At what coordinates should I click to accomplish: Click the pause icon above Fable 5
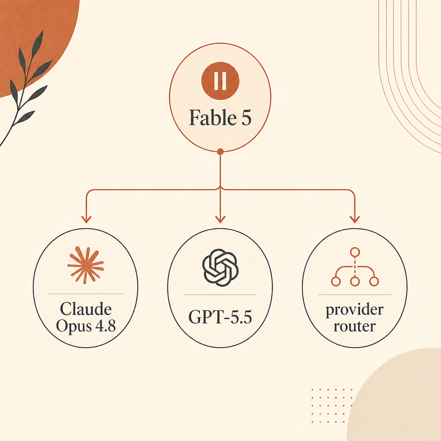(x=220, y=81)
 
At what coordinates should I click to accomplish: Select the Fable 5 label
(x=220, y=118)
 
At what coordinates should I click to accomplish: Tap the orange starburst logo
(x=86, y=265)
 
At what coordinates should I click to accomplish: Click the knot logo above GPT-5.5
(x=220, y=267)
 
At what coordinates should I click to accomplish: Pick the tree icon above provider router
(x=355, y=267)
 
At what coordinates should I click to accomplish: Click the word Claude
(x=86, y=309)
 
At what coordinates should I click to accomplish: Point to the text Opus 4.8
(x=86, y=326)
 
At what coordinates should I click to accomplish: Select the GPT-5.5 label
(x=220, y=317)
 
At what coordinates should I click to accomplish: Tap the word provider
(x=355, y=310)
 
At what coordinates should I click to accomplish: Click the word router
(x=355, y=326)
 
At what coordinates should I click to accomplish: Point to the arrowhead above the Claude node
(x=86, y=219)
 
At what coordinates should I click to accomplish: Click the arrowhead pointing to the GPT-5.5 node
(x=220, y=219)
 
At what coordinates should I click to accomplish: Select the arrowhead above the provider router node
(x=355, y=219)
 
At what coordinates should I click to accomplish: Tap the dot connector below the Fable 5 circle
(x=220, y=152)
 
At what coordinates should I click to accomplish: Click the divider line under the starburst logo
(x=86, y=294)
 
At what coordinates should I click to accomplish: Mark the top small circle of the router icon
(x=355, y=252)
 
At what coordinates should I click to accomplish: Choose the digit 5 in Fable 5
(x=245, y=118)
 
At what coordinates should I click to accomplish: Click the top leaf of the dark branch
(x=37, y=44)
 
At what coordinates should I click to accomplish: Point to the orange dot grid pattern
(x=332, y=406)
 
